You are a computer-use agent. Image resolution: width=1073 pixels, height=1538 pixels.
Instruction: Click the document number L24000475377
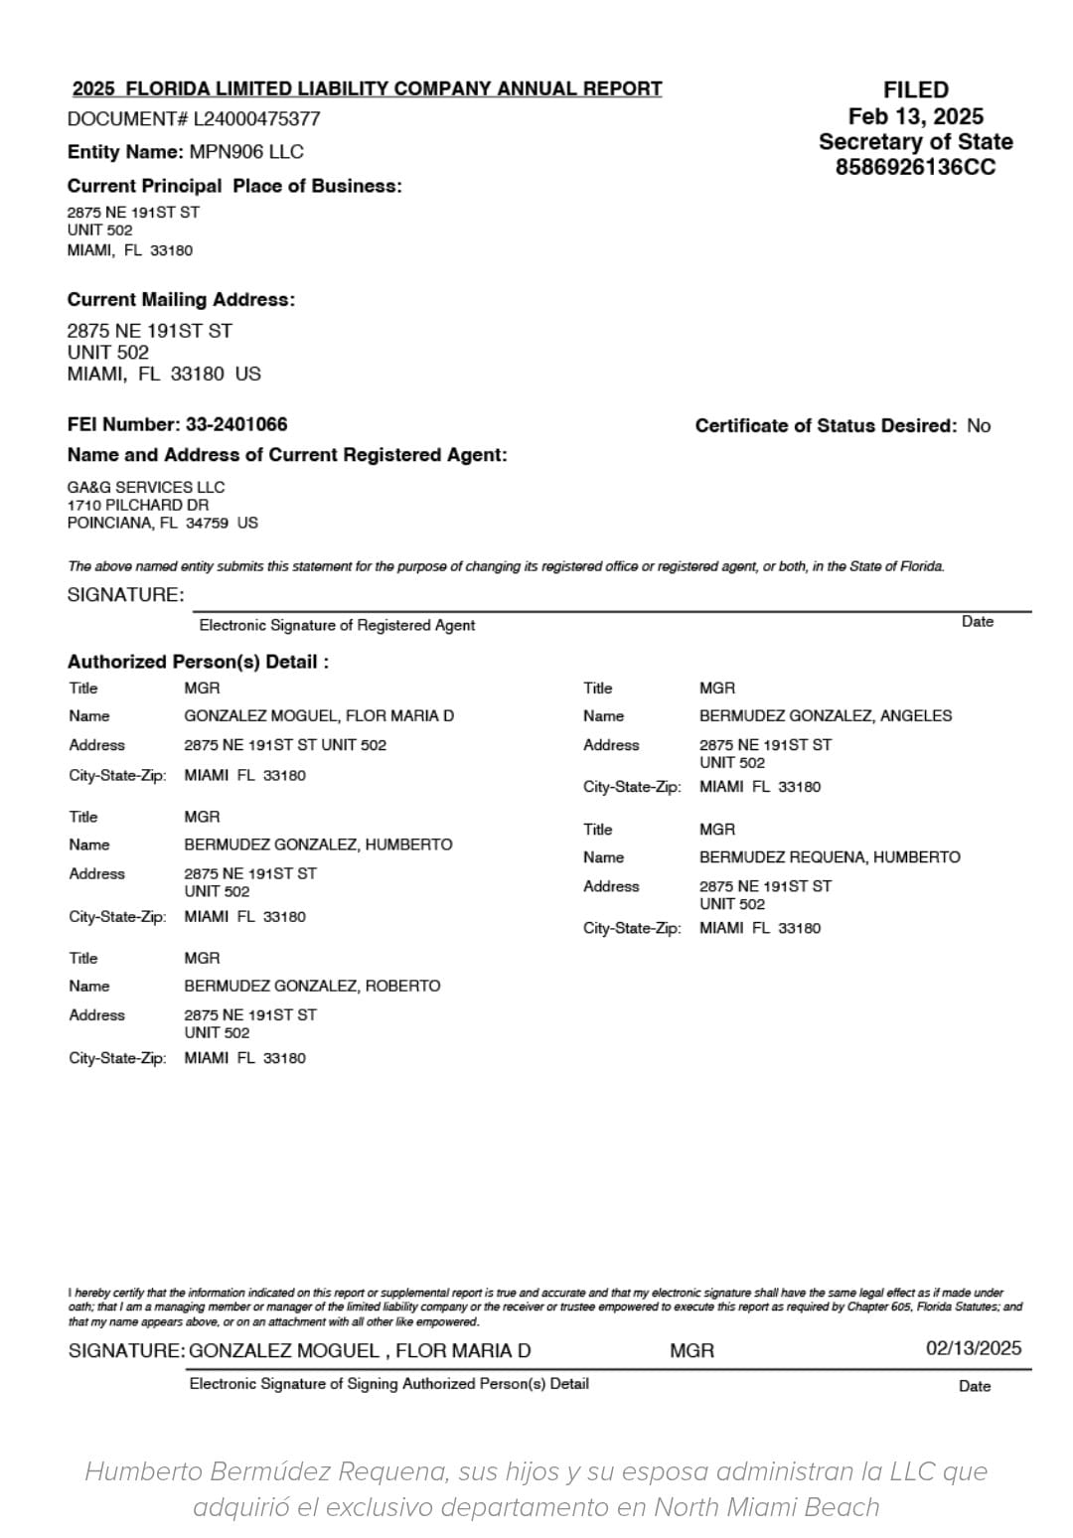(256, 119)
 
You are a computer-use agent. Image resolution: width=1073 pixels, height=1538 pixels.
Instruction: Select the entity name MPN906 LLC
(246, 152)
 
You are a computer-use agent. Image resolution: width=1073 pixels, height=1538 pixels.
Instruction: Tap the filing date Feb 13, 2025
(915, 116)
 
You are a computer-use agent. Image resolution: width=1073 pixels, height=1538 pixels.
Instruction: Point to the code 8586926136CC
(915, 167)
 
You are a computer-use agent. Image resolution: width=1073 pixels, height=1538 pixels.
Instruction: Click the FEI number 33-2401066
(236, 424)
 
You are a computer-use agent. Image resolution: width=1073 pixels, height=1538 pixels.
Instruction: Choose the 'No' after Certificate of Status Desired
(979, 426)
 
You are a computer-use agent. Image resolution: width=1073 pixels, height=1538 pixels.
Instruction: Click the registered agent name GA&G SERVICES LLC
(146, 487)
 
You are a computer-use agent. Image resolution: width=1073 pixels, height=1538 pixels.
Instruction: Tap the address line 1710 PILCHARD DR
(138, 505)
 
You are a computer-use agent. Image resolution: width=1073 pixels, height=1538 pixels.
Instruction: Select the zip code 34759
(207, 523)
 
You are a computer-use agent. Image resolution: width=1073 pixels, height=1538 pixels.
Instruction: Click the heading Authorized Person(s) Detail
(198, 662)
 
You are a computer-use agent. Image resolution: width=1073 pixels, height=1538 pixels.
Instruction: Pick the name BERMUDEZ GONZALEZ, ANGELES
(825, 715)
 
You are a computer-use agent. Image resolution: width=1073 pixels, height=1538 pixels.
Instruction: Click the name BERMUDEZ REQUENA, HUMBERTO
(830, 856)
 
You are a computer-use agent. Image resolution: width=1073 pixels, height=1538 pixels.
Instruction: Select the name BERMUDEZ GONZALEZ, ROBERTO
(312, 986)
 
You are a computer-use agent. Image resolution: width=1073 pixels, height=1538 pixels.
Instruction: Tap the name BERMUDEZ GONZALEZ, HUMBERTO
(318, 845)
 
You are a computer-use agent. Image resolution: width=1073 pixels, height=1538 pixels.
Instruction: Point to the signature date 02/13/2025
(974, 1348)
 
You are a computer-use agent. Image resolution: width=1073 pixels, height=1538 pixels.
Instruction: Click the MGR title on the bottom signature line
(691, 1351)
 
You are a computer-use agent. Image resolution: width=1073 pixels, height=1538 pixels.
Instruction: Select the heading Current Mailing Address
(181, 300)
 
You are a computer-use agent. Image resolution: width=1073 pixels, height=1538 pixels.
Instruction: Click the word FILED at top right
(915, 90)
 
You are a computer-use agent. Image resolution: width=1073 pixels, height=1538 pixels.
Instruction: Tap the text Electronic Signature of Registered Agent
(337, 625)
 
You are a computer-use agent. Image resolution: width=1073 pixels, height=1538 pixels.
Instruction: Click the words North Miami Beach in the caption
(766, 1507)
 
